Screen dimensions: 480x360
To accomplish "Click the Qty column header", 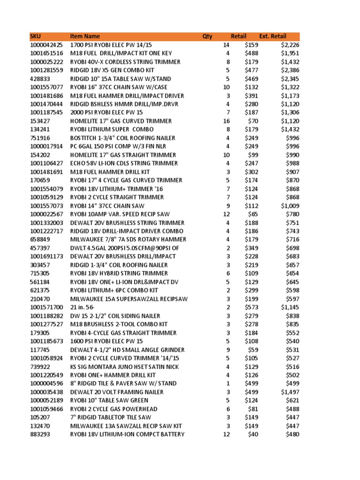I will tap(207, 37).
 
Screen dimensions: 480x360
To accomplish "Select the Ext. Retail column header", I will tap(272, 37).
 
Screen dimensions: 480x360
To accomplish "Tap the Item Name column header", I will tap(85, 37).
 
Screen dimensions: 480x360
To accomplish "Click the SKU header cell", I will tap(35, 37).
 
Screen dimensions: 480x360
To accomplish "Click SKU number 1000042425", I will tap(46, 45).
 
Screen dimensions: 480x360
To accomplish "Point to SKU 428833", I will tap(40, 79).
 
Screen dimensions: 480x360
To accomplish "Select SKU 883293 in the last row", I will tap(40, 435).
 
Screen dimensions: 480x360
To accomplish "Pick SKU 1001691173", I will tap(46, 256).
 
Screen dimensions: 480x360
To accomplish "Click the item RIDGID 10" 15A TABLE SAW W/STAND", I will tap(120, 79).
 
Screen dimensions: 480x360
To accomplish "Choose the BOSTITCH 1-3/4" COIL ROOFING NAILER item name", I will tap(123, 138).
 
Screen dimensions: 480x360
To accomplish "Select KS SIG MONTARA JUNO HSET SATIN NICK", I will tap(125, 367).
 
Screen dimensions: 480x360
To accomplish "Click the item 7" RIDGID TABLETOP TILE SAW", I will tap(111, 418).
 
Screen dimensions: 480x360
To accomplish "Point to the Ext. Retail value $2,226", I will tap(290, 45).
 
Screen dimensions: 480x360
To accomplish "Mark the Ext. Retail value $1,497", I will tap(290, 392).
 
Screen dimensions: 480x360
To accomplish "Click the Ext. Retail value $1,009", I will tap(290, 206).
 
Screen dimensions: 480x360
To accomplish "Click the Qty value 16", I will tap(226, 121).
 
